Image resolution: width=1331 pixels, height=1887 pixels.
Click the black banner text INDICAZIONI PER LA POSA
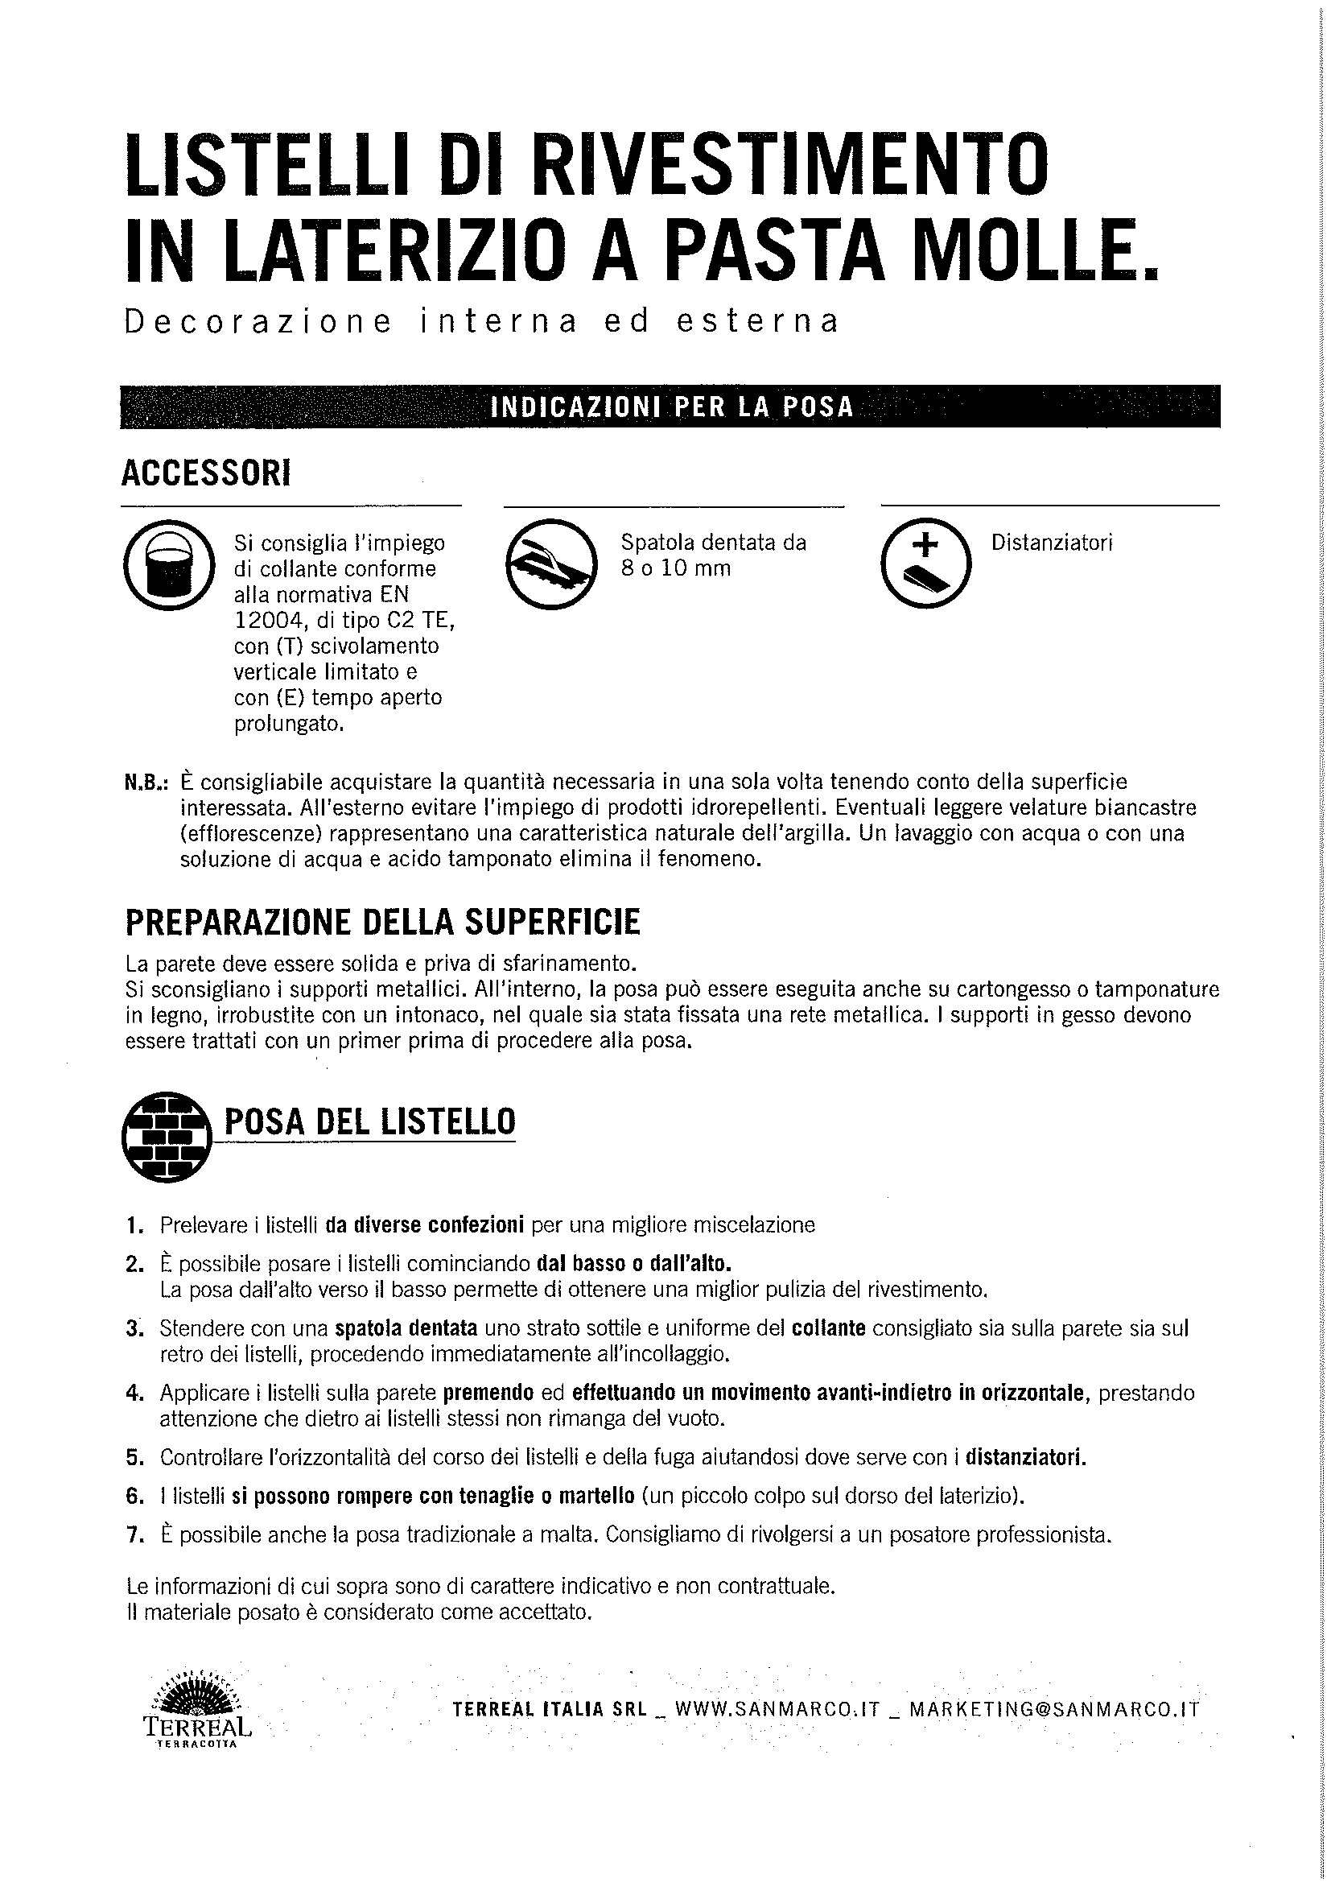670,407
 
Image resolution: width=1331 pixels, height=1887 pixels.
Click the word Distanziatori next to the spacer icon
1052,543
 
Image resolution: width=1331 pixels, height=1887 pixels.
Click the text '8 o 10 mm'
675,568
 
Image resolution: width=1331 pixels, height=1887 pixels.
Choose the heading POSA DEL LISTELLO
369,1122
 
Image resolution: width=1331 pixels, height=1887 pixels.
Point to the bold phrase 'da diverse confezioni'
425,1225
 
